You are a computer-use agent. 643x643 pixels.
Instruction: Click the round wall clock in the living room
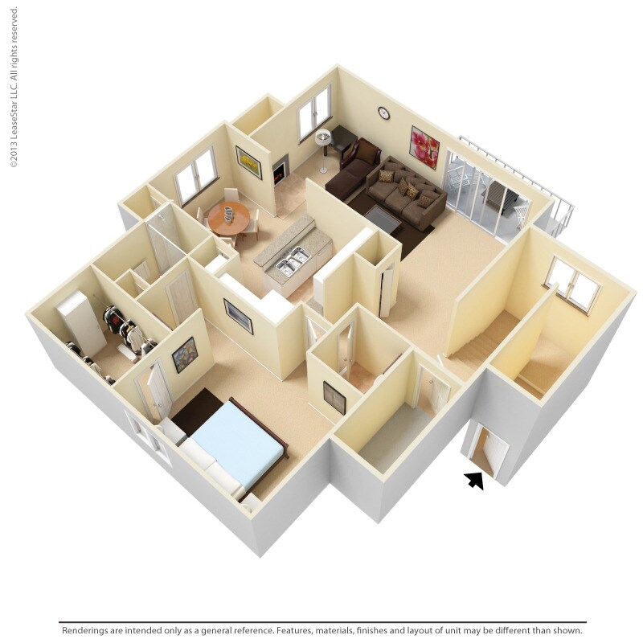coord(383,113)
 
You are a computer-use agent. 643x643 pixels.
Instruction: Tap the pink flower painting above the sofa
coord(424,146)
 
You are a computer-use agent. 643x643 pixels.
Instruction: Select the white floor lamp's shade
coord(323,135)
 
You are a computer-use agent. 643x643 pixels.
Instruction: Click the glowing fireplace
coord(279,173)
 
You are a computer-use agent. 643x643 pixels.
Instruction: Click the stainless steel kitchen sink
coord(292,260)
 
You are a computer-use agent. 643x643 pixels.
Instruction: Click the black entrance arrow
coord(475,480)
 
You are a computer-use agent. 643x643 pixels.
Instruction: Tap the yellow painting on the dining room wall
coord(248,162)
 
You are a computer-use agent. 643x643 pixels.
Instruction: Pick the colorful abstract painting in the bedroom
coord(185,354)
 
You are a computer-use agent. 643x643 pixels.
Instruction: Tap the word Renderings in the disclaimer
coord(89,631)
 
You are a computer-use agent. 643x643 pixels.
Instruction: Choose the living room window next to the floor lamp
coord(314,113)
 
